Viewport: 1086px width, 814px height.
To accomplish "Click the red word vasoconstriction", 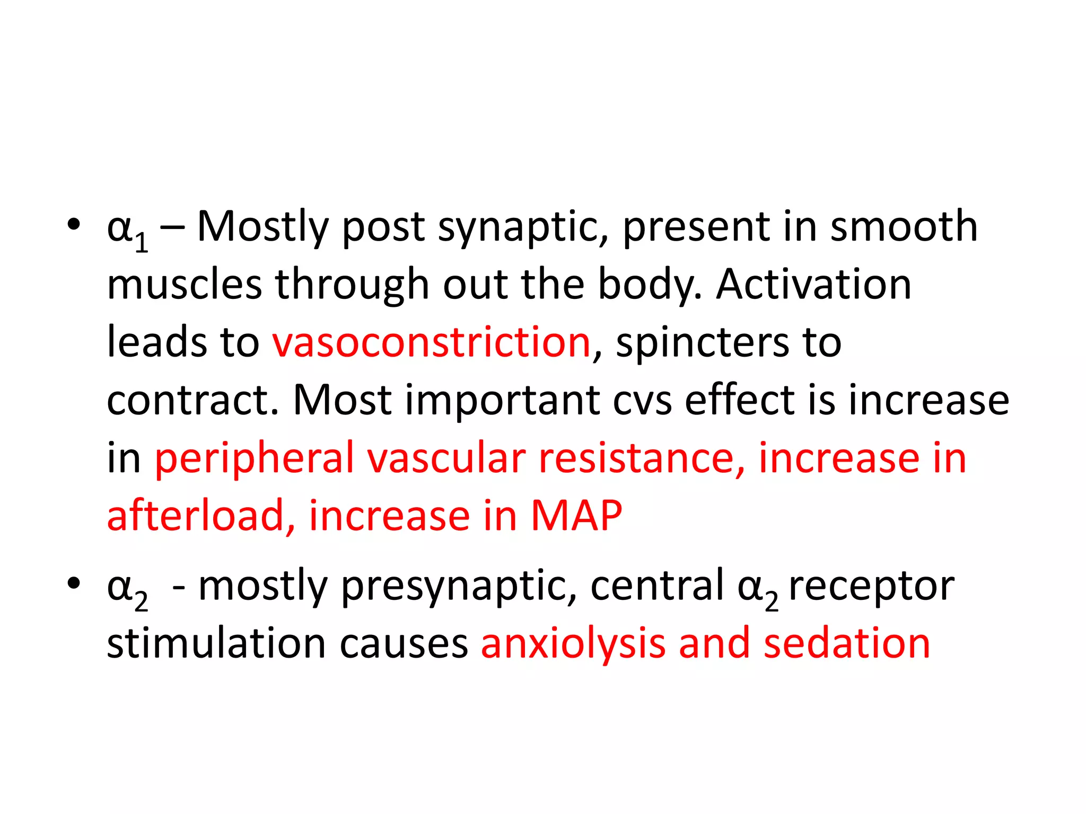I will coord(431,343).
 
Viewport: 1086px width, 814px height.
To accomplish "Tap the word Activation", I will coord(813,285).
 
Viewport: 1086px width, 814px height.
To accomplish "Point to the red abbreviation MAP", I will coord(576,516).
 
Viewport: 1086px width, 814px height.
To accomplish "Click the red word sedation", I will coord(847,643).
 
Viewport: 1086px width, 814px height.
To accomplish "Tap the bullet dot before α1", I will coord(74,225).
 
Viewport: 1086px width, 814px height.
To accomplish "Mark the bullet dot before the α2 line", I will coord(74,584).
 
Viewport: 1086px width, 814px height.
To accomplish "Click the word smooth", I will coord(904,227).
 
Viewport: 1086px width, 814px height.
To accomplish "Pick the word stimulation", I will coord(216,643).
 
